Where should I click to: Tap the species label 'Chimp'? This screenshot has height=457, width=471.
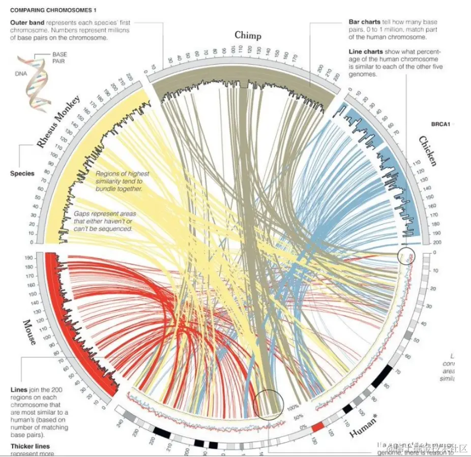[248, 35]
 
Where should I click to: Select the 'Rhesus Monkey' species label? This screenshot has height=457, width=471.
[58, 121]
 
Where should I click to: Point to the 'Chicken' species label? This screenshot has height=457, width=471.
[427, 151]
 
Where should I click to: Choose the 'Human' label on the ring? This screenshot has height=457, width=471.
[363, 429]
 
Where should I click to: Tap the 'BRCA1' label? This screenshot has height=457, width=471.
[440, 124]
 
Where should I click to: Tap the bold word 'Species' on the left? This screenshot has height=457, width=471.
[22, 173]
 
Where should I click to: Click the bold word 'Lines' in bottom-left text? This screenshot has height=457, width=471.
[18, 390]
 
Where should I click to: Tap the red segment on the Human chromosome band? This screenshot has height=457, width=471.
[318, 427]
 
